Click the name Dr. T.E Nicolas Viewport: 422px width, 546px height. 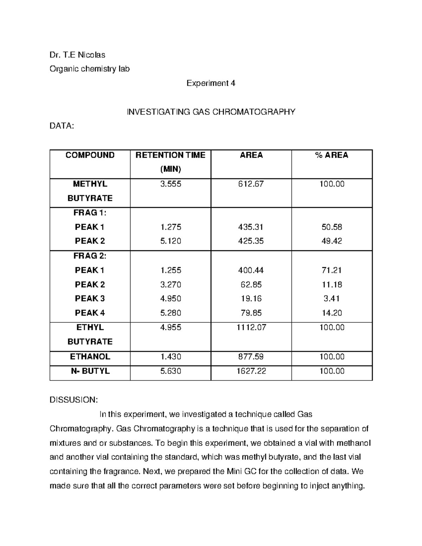point(77,55)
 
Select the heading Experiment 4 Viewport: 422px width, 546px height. point(211,83)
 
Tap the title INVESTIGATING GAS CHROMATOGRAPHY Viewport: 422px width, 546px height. point(211,112)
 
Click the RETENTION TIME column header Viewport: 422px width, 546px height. point(171,155)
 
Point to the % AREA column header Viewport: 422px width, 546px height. point(332,155)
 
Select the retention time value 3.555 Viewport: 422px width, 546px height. point(171,184)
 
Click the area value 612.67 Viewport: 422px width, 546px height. point(251,184)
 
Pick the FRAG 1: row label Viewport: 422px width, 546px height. point(90,213)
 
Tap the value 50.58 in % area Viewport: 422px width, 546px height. point(332,227)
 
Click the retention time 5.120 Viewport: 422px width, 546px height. point(171,241)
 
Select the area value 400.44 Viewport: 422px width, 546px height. point(251,270)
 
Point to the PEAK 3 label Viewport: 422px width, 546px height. point(90,298)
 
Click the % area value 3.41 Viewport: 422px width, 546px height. point(332,298)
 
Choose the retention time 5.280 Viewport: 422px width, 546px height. point(171,313)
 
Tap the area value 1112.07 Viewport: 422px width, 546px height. point(251,327)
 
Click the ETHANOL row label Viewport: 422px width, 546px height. point(90,356)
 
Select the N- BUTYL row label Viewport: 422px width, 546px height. point(90,371)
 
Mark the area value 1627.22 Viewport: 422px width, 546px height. point(251,371)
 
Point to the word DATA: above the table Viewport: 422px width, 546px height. point(62,126)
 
